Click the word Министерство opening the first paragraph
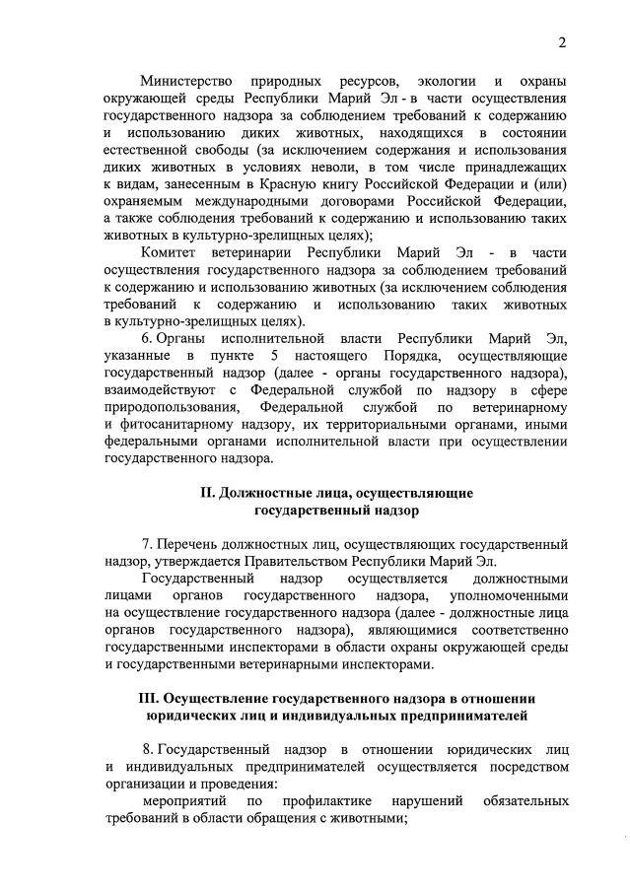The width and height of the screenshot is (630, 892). tap(186, 80)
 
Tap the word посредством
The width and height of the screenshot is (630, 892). tap(522, 766)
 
